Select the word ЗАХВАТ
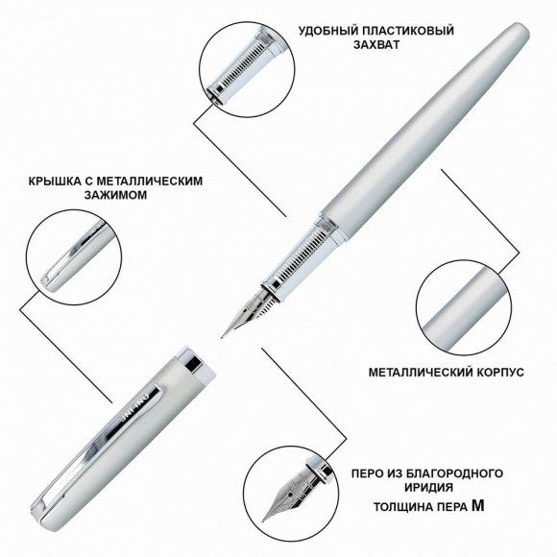[x=376, y=45]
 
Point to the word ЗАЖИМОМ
[x=115, y=195]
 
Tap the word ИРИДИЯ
[x=428, y=488]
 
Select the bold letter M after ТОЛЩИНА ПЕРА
[x=478, y=506]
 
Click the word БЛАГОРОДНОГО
[x=453, y=473]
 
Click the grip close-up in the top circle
[x=247, y=69]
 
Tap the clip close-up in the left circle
[x=74, y=256]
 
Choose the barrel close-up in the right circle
[x=463, y=308]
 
